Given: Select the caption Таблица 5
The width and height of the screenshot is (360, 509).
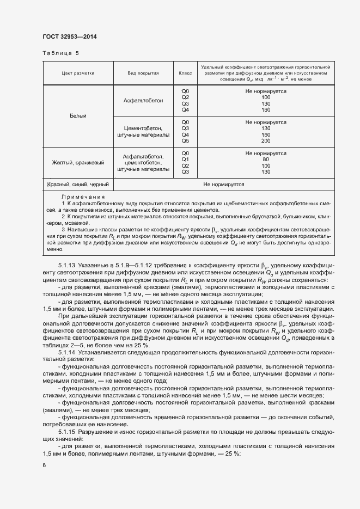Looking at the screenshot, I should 60,53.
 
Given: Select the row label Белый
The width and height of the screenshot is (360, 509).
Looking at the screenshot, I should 78,116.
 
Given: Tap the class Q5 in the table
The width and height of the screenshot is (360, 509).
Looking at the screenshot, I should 185,140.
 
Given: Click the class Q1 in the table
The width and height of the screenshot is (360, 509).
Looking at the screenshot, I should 185,160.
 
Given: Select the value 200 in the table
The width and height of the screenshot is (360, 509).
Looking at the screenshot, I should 266,140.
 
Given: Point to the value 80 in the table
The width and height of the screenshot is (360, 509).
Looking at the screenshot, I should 266,160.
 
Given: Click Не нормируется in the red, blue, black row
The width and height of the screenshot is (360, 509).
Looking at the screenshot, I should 223,185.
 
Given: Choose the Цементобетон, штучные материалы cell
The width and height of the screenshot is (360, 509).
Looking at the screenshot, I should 143,131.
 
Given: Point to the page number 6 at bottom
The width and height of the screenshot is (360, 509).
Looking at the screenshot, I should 44,465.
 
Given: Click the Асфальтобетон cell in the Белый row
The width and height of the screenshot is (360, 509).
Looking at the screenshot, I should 143,101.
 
